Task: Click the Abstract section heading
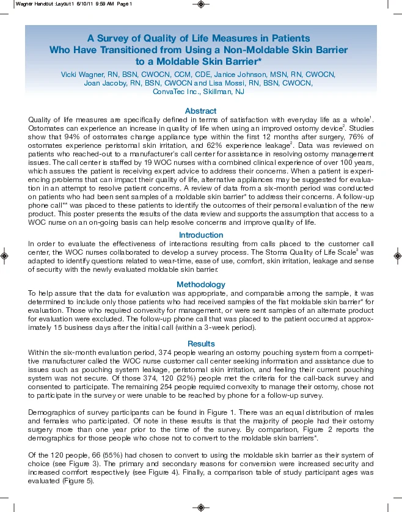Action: pos(200,111)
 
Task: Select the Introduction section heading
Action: pos(200,235)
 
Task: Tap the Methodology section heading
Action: pos(200,285)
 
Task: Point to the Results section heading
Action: pos(200,344)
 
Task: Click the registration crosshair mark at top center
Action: pos(201,4)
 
